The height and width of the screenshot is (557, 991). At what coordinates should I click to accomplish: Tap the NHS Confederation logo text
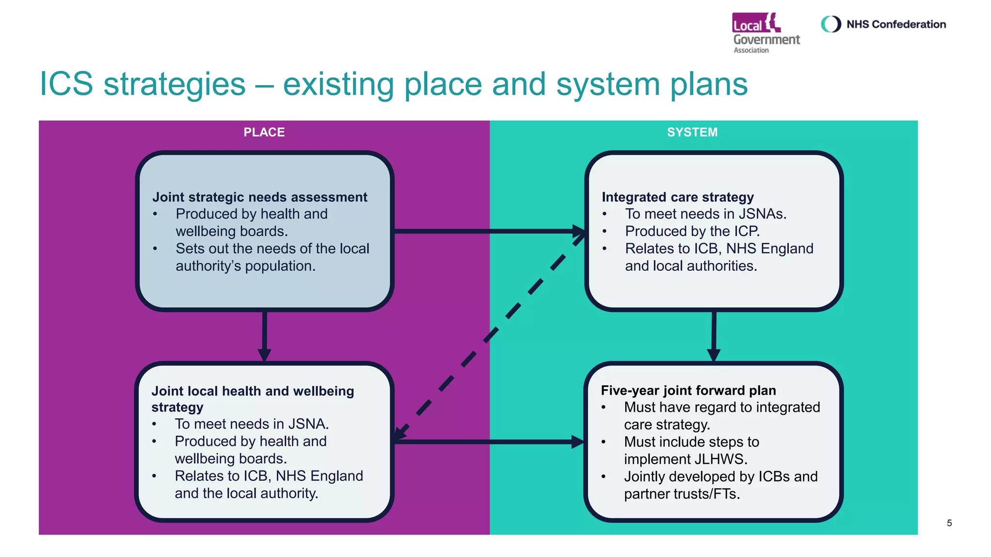point(896,24)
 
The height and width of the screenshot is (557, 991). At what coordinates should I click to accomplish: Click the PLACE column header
point(264,132)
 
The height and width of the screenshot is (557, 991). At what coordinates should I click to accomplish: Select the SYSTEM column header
point(692,132)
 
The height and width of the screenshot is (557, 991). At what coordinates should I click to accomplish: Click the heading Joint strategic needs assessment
point(259,197)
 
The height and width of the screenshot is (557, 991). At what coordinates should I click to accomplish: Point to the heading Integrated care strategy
point(677,197)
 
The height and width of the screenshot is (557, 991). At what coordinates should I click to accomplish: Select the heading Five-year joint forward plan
point(688,390)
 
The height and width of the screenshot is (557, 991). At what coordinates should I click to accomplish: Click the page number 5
point(949,523)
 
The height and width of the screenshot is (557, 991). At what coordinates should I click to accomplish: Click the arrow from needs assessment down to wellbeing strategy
point(264,336)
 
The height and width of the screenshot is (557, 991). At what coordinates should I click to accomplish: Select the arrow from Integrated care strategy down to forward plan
point(714,336)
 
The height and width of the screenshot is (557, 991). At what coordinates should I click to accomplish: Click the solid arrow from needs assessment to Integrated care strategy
point(489,231)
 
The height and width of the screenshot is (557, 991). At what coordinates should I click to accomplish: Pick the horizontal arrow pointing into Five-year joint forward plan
point(489,441)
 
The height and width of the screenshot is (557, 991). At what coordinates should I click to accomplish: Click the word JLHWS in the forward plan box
point(721,459)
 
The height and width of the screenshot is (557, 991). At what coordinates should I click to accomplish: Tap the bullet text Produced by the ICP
point(692,231)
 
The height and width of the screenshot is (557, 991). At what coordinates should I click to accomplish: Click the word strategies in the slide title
point(174,85)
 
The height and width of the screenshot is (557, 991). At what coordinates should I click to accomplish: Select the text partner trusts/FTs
point(681,494)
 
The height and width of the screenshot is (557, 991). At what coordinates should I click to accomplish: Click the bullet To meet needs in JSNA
point(252,424)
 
